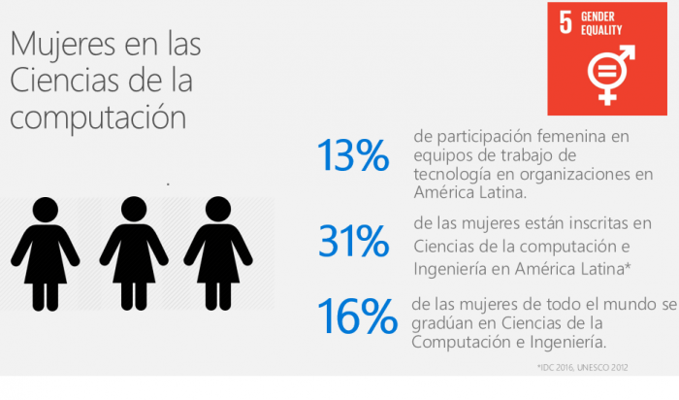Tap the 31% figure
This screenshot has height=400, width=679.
pyautogui.click(x=352, y=243)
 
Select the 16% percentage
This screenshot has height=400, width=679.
pyautogui.click(x=357, y=316)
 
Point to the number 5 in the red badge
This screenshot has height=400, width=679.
pyautogui.click(x=565, y=23)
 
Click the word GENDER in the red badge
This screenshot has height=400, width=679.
pyautogui.click(x=599, y=17)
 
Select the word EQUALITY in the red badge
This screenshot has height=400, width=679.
pyautogui.click(x=602, y=30)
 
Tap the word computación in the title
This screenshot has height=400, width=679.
pyautogui.click(x=96, y=117)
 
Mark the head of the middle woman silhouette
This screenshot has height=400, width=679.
pyautogui.click(x=128, y=208)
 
